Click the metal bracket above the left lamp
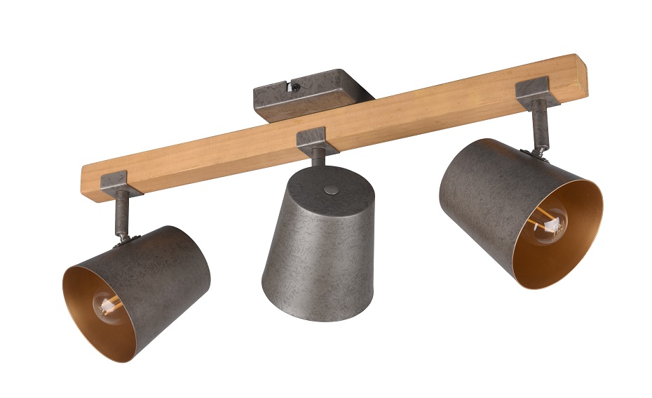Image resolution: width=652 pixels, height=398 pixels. coord(114,184)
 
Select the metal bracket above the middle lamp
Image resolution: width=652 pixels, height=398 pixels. coord(317,140)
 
